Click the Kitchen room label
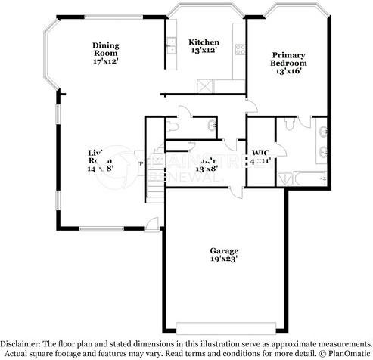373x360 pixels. pyautogui.click(x=204, y=42)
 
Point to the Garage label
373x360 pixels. pyautogui.click(x=225, y=250)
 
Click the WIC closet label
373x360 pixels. pyautogui.click(x=261, y=153)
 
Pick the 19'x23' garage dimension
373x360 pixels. pyautogui.click(x=225, y=259)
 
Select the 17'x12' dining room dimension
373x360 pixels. pyautogui.click(x=106, y=61)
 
